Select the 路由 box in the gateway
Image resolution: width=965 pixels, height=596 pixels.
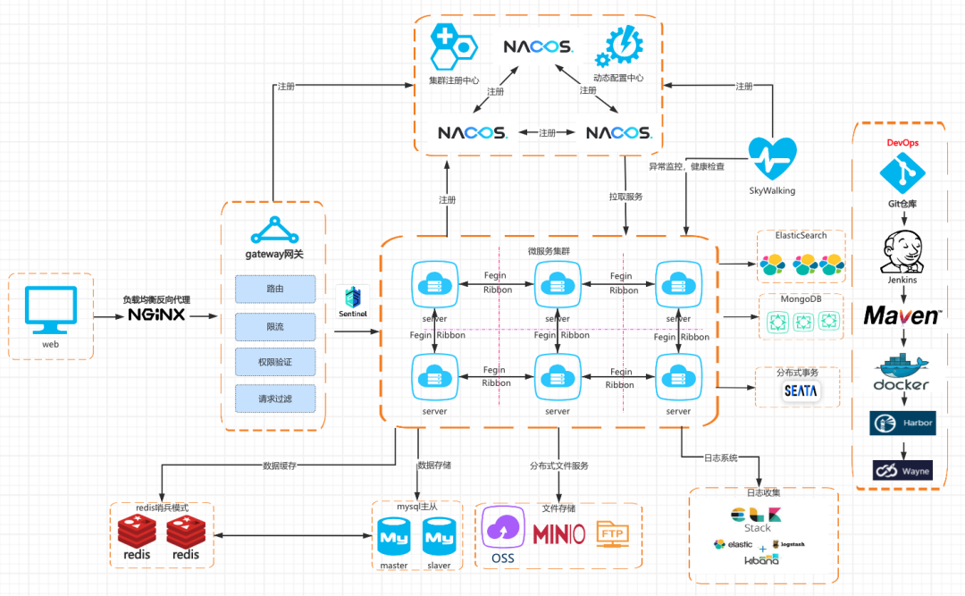(x=275, y=290)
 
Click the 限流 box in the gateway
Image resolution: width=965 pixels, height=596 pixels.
(x=275, y=326)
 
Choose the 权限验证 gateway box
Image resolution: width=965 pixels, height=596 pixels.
(x=275, y=362)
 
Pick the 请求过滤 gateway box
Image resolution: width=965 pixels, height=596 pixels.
(x=275, y=398)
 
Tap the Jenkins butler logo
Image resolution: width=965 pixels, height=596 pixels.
(x=902, y=251)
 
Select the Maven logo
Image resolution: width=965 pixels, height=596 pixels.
(x=902, y=315)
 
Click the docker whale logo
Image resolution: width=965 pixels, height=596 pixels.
(x=902, y=373)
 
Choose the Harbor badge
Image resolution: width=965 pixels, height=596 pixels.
(x=902, y=423)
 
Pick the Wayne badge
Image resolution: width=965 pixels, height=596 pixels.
(x=902, y=470)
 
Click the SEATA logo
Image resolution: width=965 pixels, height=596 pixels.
(x=800, y=391)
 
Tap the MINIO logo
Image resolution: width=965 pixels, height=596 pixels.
(x=558, y=534)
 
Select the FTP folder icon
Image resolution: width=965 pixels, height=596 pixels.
(x=612, y=533)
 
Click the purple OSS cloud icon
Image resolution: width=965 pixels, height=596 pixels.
(x=503, y=529)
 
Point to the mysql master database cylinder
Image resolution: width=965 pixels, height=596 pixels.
(x=394, y=538)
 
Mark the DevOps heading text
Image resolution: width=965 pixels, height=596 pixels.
(x=902, y=142)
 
